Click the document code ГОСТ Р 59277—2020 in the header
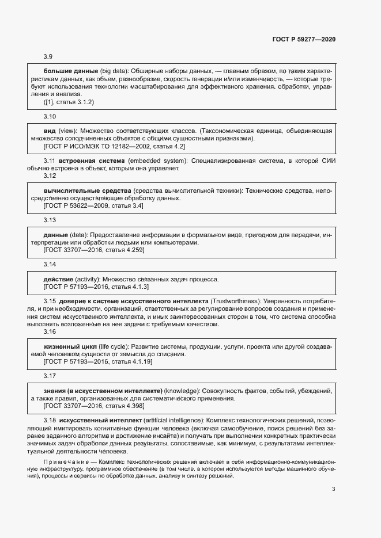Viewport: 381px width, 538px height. (303, 39)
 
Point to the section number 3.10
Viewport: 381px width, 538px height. (50, 116)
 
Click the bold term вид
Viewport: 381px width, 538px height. (50, 131)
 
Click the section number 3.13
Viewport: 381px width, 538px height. (50, 220)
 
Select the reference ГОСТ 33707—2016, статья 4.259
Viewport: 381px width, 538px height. (94, 250)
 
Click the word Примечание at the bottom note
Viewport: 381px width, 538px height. (69, 462)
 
